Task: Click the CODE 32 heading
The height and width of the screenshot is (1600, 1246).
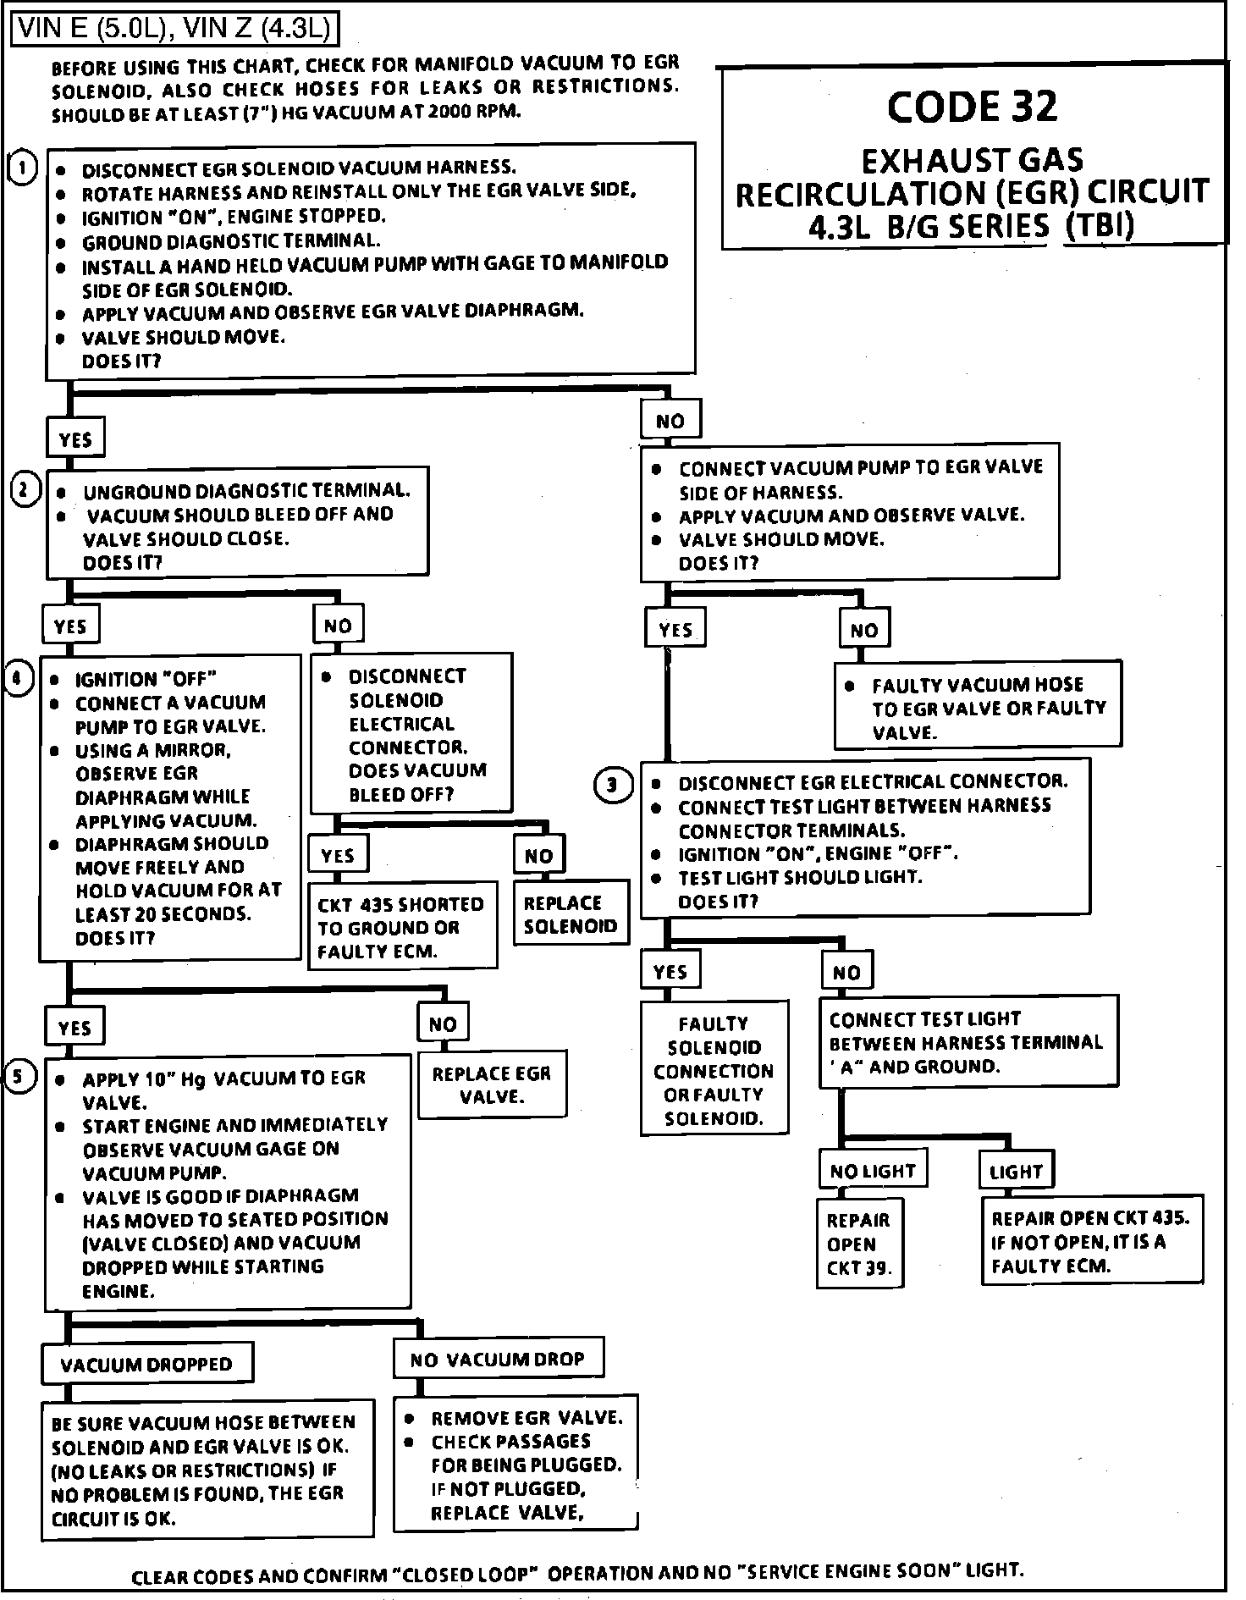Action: pos(972,107)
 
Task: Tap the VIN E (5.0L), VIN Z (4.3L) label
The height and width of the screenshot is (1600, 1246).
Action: pos(174,30)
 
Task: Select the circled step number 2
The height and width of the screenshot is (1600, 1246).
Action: pos(25,490)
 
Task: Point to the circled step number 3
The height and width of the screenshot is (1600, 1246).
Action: pos(612,786)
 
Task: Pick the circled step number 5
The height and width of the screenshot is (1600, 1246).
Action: pos(20,1077)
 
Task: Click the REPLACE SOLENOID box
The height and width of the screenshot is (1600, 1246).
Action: pos(571,914)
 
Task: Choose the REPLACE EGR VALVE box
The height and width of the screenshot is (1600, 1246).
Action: pos(492,1085)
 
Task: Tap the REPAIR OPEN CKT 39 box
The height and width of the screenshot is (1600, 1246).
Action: pos(859,1244)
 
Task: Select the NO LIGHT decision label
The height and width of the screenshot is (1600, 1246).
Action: pos(873,1171)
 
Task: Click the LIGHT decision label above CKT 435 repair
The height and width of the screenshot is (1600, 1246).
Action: pos(1016,1172)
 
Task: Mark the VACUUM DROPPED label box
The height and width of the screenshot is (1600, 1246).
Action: pos(147,1364)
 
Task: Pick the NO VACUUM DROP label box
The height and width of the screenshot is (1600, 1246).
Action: pos(498,1359)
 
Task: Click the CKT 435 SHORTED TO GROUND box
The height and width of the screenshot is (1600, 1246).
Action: pos(401,928)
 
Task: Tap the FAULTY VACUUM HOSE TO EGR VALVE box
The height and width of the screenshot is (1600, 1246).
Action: pos(978,708)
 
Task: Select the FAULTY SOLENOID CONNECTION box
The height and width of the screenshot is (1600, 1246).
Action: pos(714,1070)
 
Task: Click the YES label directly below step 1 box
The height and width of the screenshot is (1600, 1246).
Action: pos(74,439)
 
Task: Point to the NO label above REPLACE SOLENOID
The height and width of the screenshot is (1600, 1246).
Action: pos(538,855)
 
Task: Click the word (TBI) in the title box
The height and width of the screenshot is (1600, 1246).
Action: pos(1099,226)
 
